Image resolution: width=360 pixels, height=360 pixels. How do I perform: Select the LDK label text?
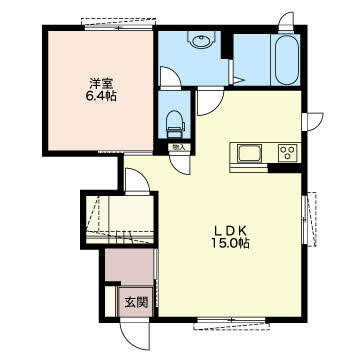point(230,230)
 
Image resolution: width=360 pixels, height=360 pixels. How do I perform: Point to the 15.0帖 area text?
point(230,244)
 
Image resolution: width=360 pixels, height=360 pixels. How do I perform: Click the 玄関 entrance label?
point(136,302)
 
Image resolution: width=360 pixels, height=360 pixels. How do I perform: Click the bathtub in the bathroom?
point(287,59)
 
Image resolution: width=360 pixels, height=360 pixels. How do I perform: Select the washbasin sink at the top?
point(199,41)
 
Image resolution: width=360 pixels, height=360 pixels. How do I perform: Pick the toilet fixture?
point(175,123)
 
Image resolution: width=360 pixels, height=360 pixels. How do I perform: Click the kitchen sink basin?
point(249,153)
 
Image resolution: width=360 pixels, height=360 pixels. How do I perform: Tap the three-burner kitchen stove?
point(289,153)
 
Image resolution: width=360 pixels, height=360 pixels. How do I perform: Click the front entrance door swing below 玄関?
point(135,333)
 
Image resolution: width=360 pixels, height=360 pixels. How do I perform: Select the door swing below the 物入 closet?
point(180,164)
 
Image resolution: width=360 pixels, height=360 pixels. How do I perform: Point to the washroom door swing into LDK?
point(209,102)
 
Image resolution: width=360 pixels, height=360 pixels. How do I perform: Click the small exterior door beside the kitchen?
point(313,122)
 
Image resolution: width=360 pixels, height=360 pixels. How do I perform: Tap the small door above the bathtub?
point(286,23)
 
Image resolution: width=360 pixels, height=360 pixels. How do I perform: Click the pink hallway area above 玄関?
point(130,266)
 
